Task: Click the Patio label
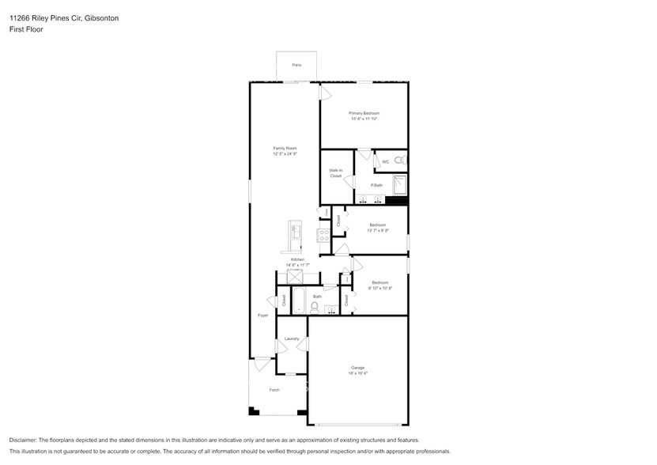[296, 65]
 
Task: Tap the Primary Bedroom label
[364, 113]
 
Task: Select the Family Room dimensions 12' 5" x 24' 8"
[285, 154]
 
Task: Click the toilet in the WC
[400, 161]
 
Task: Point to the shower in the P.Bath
[400, 185]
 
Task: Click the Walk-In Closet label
[336, 173]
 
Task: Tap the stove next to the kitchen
[323, 235]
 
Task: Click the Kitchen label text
[297, 260]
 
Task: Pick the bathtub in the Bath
[300, 298]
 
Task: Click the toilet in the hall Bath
[315, 305]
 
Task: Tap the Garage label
[357, 368]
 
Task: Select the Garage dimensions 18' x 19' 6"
[357, 373]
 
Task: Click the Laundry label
[292, 338]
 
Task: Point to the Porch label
[274, 389]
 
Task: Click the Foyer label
[263, 316]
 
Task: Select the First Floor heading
[26, 29]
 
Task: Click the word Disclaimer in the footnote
[25, 440]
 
